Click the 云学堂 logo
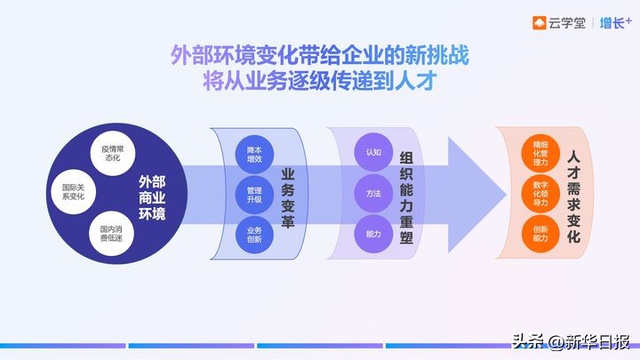pos(558,23)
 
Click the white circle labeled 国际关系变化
pos(72,191)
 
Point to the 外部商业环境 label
pos(152,193)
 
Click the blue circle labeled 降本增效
pos(253,152)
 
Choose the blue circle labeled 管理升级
pos(253,193)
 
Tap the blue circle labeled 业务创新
pos(253,234)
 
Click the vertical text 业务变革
pos(288,193)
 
